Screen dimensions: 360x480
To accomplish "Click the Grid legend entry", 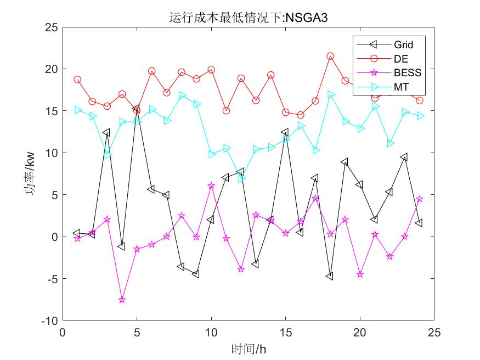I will pos(403,44).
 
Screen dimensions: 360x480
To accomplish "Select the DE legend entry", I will pos(400,58).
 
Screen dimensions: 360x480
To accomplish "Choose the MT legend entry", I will pos(400,86).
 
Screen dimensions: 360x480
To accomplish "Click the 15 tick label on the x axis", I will pos(285,333).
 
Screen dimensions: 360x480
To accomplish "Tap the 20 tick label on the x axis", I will pos(360,333).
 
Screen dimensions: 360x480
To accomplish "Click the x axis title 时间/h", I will pos(248,348).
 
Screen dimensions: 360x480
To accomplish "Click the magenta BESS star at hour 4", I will pos(122,300).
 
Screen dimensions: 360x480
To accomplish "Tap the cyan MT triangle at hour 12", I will pos(241,178).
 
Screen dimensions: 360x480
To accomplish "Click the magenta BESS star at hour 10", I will pos(211,186).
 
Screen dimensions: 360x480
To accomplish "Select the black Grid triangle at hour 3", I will pos(106,132).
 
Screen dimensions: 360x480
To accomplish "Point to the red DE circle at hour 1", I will pos(77,80).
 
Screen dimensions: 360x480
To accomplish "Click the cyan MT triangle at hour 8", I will pos(182,95).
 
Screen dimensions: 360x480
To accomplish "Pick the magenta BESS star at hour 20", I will pos(360,274).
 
